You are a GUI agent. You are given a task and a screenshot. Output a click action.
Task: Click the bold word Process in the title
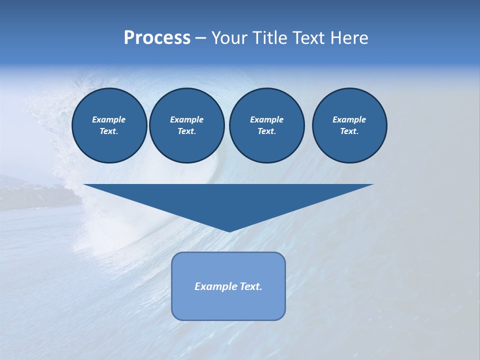pyautogui.click(x=157, y=38)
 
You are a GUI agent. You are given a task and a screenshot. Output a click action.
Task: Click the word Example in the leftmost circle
pyautogui.click(x=109, y=119)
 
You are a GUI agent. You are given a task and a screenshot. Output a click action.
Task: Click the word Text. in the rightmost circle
pyautogui.click(x=349, y=131)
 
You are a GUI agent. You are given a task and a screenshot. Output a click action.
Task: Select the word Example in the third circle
pyautogui.click(x=266, y=119)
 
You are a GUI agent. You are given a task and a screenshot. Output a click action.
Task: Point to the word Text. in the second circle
pyautogui.click(x=187, y=131)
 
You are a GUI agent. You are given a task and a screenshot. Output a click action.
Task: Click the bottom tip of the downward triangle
pyautogui.click(x=229, y=230)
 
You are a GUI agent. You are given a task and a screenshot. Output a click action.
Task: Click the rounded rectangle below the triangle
pyautogui.click(x=228, y=305)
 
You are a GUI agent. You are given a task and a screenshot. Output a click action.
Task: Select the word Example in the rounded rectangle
pyautogui.click(x=215, y=286)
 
